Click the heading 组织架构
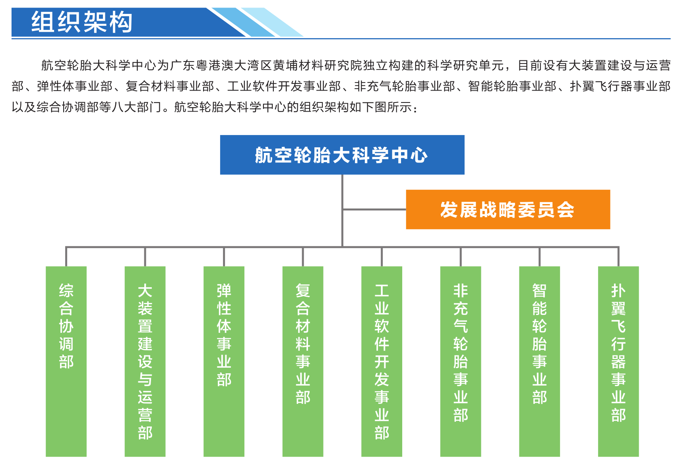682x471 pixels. click(82, 22)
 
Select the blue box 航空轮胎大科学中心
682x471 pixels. click(342, 155)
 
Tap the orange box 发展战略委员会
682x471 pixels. click(508, 209)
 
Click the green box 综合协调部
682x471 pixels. click(66, 361)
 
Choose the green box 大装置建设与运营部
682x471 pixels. click(145, 361)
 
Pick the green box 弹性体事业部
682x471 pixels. click(224, 361)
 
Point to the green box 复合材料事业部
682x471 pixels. click(303, 361)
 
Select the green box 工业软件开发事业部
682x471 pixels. click(382, 361)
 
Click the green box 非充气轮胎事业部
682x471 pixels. click(461, 361)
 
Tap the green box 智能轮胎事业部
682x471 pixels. click(539, 361)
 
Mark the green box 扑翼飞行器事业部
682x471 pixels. click(618, 361)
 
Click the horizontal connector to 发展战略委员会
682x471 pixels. click(374, 209)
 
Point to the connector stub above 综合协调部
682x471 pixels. click(66, 257)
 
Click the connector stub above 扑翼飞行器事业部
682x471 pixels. click(618, 257)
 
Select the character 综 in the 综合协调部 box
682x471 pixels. click(66, 291)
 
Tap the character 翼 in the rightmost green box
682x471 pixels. click(618, 309)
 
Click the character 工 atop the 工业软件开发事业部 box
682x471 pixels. click(382, 291)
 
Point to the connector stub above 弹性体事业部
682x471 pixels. click(224, 257)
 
